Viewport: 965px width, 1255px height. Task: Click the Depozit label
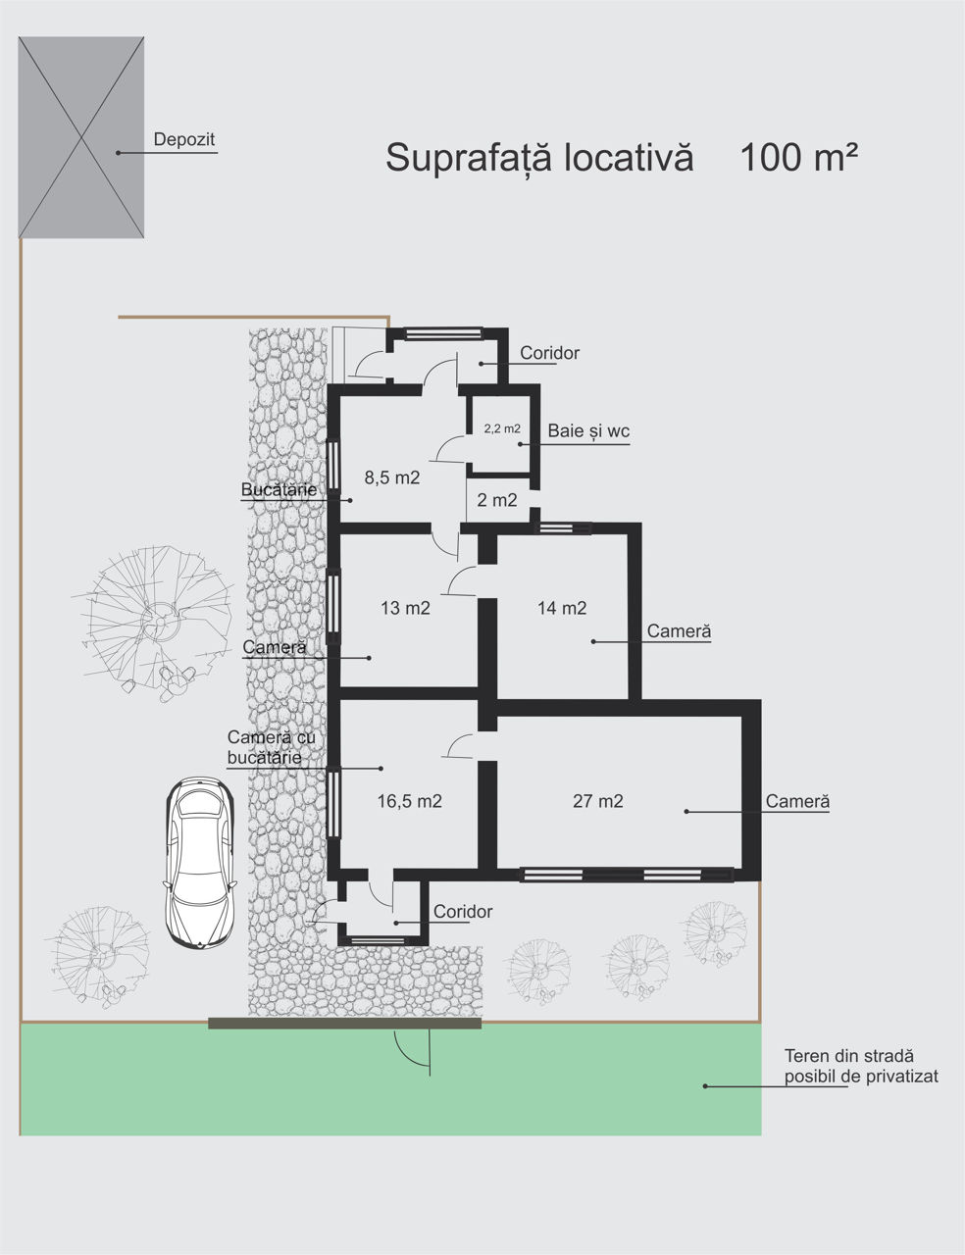pyautogui.click(x=184, y=140)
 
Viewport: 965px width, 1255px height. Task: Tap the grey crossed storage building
pyautogui.click(x=80, y=137)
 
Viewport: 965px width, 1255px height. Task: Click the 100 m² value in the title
pyautogui.click(x=798, y=157)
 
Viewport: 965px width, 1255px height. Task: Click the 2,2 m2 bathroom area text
pyautogui.click(x=502, y=428)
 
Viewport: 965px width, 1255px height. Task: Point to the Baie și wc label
pyautogui.click(x=588, y=430)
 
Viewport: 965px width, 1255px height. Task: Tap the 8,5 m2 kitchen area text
pyautogui.click(x=392, y=477)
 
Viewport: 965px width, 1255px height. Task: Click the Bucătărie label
pyautogui.click(x=279, y=490)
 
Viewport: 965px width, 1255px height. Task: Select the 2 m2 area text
pyautogui.click(x=496, y=500)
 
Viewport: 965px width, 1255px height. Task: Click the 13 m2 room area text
pyautogui.click(x=405, y=608)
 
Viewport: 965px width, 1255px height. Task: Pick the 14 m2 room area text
pyautogui.click(x=562, y=608)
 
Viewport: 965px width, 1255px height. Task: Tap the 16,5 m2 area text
pyautogui.click(x=410, y=801)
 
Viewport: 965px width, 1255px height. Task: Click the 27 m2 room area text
pyautogui.click(x=597, y=801)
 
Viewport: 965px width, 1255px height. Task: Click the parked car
pyautogui.click(x=200, y=862)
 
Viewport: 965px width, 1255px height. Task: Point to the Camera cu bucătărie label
pyautogui.click(x=272, y=747)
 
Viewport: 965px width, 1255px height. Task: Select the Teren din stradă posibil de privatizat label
pyautogui.click(x=861, y=1066)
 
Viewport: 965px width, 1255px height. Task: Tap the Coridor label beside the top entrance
pyautogui.click(x=549, y=353)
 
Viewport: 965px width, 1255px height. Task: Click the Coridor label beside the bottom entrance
pyautogui.click(x=463, y=912)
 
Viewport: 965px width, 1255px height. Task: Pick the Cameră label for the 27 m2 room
pyautogui.click(x=797, y=801)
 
